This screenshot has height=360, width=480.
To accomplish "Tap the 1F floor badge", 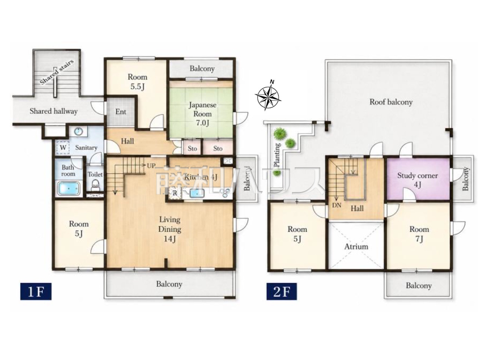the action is click(36, 291).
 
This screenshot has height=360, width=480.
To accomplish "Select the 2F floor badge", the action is click(282, 291).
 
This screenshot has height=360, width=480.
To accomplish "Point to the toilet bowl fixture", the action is click(95, 185).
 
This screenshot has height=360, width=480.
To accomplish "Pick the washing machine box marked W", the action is click(63, 147).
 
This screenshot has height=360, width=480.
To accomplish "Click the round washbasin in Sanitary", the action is click(78, 132).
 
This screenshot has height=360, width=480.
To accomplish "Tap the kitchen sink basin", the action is click(197, 193).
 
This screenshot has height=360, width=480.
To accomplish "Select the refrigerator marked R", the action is click(175, 193).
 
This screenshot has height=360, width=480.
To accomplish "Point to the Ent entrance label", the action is click(121, 112).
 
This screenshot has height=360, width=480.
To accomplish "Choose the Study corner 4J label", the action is click(417, 180).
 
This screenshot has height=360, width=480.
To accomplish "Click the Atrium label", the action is click(356, 246).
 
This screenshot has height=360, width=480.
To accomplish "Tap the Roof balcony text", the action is click(391, 102).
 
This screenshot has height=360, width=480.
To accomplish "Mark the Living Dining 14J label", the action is click(170, 229).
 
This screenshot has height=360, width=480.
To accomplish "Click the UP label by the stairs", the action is click(151, 165).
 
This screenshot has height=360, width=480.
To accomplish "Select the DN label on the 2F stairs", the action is click(337, 205).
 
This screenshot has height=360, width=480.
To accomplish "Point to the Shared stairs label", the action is click(57, 72).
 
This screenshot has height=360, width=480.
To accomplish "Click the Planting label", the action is click(277, 155).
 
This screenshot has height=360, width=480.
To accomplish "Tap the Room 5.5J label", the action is click(137, 82).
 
